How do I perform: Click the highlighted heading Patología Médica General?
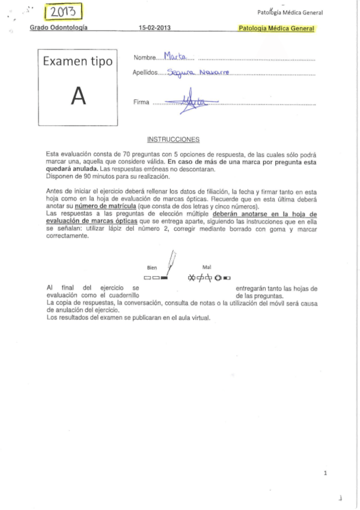click(276, 28)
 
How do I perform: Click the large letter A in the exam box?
click(77, 97)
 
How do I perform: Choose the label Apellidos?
click(145, 73)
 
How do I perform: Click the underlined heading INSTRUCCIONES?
click(177, 140)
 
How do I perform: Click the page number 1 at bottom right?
click(325, 473)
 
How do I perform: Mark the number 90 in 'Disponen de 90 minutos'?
click(81, 177)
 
